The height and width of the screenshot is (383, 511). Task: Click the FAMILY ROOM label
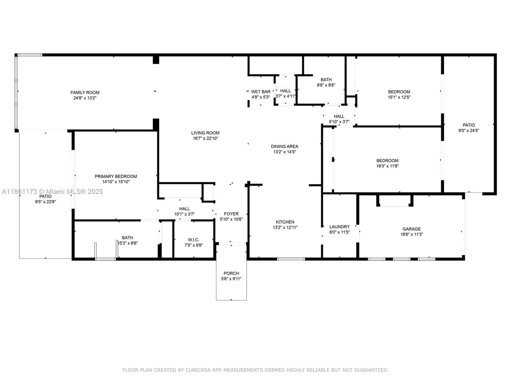tap(85, 92)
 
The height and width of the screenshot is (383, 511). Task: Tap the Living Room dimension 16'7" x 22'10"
tap(205, 138)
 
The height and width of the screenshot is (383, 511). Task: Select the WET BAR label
tap(261, 92)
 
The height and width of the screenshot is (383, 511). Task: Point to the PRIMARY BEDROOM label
tap(116, 176)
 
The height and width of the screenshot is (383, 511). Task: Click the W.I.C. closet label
tap(193, 240)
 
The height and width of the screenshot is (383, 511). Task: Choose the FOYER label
tap(231, 214)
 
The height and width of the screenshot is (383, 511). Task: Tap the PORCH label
tap(231, 273)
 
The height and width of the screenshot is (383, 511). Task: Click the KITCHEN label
tap(285, 222)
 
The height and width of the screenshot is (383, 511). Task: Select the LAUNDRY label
tap(339, 227)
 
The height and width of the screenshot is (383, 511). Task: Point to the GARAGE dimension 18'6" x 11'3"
tap(411, 234)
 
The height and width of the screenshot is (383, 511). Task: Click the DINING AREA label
tap(284, 146)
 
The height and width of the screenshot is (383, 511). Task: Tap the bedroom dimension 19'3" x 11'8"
tap(387, 166)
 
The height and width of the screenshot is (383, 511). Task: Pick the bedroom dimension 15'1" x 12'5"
tap(399, 97)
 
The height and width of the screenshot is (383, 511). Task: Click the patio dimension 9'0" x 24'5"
tap(469, 130)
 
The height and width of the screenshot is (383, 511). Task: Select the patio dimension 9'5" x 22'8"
tap(45, 202)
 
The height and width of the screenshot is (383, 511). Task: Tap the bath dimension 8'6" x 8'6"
tap(326, 85)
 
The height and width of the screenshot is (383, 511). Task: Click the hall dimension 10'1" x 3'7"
tap(184, 214)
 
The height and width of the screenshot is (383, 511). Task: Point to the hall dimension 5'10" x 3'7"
tap(339, 122)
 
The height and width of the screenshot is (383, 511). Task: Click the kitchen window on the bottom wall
tap(291, 259)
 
